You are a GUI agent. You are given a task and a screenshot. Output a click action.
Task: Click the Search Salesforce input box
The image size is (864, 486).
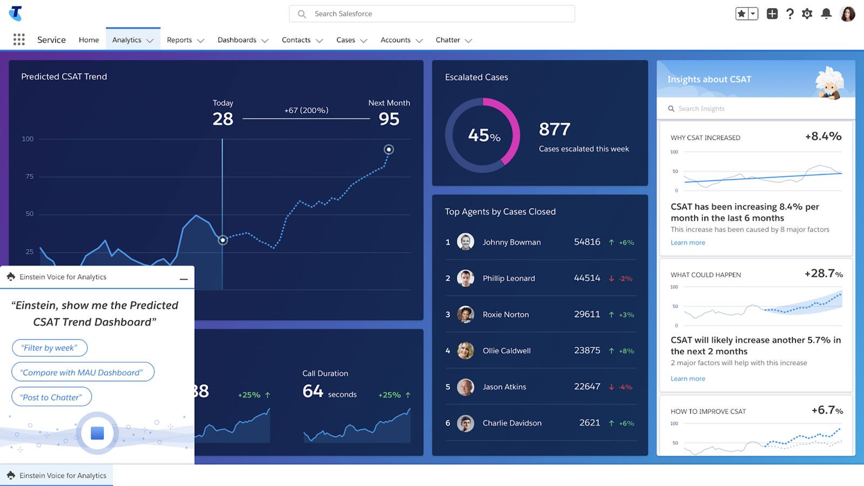[432, 14]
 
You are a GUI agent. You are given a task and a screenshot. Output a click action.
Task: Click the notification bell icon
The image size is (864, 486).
[826, 14]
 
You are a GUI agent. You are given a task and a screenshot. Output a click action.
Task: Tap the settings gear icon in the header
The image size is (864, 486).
[807, 14]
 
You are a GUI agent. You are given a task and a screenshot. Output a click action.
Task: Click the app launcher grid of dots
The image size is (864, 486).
[19, 39]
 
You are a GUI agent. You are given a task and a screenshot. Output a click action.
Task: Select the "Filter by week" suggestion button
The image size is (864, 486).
[50, 348]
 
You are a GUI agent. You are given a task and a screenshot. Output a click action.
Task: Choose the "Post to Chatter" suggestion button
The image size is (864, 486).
[52, 397]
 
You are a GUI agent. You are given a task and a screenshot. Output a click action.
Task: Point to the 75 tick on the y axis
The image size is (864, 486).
[29, 177]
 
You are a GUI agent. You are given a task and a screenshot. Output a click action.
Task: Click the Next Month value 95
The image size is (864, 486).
[389, 119]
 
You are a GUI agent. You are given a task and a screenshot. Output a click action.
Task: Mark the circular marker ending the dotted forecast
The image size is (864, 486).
[389, 150]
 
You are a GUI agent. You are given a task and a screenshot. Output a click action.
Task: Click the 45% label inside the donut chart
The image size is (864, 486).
[483, 136]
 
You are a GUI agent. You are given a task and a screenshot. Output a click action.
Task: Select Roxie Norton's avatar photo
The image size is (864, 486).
[465, 314]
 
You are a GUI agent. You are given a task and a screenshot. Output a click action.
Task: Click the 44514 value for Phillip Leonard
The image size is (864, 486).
[587, 278]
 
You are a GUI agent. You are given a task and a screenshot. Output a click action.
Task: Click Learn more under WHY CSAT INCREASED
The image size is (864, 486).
[687, 243]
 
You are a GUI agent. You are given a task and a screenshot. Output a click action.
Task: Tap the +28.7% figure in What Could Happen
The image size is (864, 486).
[823, 274]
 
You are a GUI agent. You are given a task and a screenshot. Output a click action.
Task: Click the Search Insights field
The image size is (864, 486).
[756, 109]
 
